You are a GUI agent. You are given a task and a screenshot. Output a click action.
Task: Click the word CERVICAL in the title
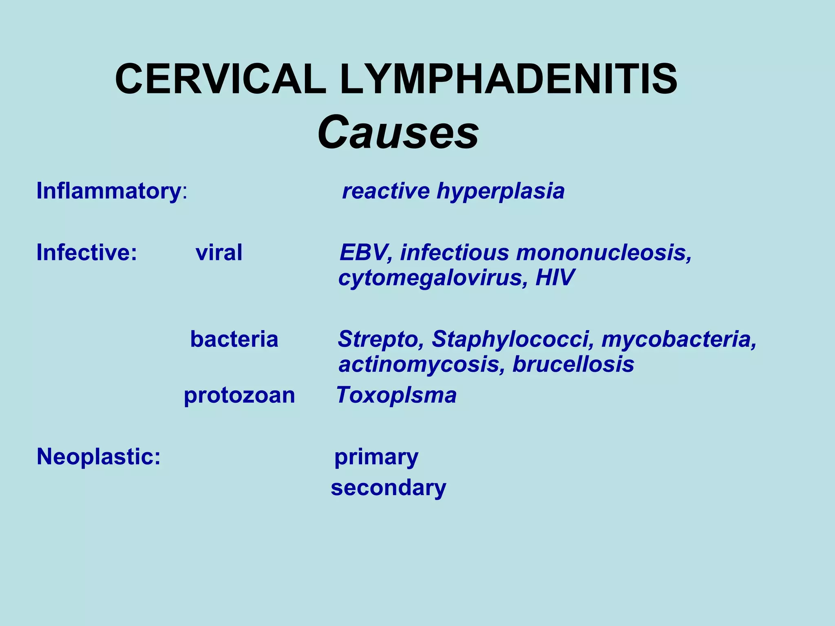coord(221,79)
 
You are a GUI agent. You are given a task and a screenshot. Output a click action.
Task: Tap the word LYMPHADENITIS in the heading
coord(508,79)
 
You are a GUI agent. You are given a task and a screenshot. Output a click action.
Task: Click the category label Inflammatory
coord(108,191)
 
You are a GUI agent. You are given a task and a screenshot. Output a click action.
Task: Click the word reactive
coord(386,191)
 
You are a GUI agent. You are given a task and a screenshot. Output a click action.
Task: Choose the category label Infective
coord(86,252)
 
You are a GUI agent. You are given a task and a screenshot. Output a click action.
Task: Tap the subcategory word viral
coord(219,252)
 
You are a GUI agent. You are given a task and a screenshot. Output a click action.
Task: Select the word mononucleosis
coord(604,252)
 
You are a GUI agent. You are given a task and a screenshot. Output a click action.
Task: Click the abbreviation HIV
coord(555,278)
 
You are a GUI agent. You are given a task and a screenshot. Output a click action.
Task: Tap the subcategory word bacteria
coord(234,339)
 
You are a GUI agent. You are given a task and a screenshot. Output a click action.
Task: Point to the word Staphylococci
coord(512,339)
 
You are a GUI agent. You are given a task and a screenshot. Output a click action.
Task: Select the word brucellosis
coord(573,364)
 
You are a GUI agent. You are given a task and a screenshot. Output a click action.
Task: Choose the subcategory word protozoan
coord(239,395)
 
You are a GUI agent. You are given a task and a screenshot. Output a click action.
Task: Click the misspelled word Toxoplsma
coord(396,395)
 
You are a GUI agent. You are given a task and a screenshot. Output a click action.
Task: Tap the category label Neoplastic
coord(99,456)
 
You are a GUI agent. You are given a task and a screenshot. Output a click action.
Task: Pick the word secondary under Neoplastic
coord(389,487)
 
